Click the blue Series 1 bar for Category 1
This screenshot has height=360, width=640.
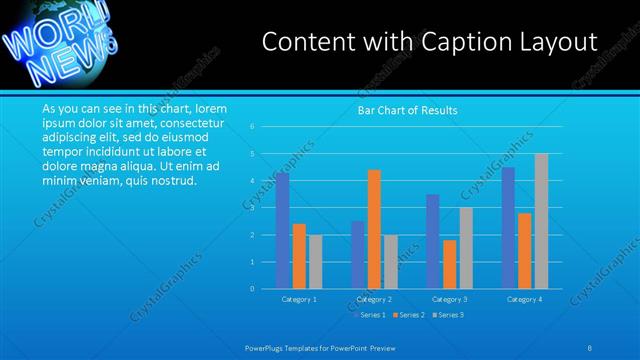(283, 230)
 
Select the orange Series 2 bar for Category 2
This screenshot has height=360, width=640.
(374, 229)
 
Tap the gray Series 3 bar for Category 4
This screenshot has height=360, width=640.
(541, 221)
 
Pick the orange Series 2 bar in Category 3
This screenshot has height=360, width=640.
(450, 264)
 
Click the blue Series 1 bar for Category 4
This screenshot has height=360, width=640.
(508, 228)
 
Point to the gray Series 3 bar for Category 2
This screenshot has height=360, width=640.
(391, 262)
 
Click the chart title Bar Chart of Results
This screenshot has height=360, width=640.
(408, 111)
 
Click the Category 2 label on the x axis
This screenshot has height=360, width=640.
(374, 299)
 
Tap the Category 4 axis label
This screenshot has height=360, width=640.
(524, 299)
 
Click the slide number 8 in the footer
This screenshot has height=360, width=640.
(590, 347)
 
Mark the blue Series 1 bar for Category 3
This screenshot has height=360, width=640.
(433, 241)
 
